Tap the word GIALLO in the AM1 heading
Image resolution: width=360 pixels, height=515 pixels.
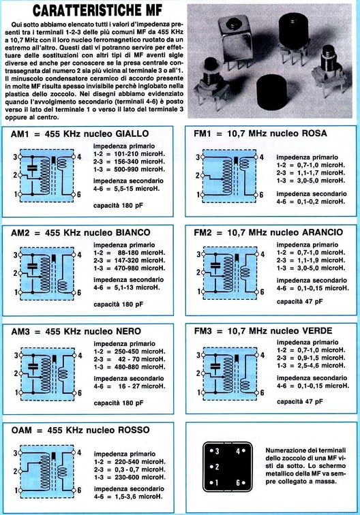132,134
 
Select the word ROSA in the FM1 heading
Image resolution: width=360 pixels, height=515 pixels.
313,133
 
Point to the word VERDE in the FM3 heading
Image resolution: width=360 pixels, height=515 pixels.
316,331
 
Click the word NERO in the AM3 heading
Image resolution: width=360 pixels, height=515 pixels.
128,331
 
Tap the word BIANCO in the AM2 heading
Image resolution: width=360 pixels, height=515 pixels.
133,232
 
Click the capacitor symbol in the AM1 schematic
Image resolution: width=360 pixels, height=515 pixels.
32,168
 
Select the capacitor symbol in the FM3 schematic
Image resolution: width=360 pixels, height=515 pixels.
215,366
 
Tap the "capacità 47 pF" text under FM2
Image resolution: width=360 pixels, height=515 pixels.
299,301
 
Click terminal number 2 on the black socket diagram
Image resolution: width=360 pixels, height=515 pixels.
215,467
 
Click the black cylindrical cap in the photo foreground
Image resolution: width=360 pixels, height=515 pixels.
272,93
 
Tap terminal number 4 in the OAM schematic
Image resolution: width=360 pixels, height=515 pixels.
79,452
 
